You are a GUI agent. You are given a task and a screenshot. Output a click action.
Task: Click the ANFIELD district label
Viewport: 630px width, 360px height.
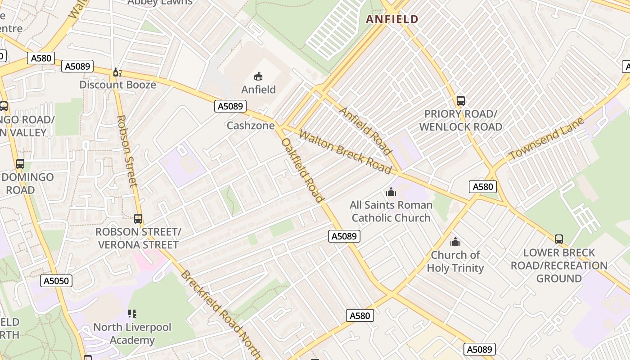click(392, 19)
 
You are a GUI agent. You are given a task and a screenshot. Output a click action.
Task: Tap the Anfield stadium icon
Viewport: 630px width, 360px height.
click(258, 76)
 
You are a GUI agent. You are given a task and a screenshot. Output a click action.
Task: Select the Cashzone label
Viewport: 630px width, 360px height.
click(250, 126)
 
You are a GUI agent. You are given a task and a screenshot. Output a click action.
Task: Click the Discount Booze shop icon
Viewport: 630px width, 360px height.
click(117, 72)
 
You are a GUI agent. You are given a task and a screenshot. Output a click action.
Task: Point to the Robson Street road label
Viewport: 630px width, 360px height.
click(126, 151)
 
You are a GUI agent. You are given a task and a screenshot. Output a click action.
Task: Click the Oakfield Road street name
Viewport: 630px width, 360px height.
click(302, 170)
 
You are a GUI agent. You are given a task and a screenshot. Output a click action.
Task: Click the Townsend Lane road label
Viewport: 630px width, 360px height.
click(546, 139)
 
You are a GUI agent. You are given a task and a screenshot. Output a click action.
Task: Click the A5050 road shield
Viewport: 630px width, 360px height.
click(57, 281)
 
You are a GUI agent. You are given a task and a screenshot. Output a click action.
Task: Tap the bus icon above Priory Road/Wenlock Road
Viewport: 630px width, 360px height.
click(460, 100)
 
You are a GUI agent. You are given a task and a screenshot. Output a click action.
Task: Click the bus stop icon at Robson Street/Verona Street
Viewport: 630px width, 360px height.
click(138, 219)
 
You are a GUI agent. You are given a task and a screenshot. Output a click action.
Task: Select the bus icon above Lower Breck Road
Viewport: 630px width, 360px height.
click(558, 239)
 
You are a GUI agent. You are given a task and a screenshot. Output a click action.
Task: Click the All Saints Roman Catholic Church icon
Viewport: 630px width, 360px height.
click(391, 192)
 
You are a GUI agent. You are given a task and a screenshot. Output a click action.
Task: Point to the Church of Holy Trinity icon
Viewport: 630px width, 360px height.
click(455, 242)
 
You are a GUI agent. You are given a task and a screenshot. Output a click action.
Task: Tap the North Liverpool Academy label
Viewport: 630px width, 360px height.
click(132, 333)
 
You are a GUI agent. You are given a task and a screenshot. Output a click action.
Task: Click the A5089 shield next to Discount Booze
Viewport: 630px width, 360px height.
click(78, 66)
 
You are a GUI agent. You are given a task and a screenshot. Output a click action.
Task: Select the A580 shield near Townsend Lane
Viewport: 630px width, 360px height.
click(483, 186)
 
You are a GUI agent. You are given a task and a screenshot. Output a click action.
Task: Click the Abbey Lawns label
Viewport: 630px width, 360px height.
click(160, 2)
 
